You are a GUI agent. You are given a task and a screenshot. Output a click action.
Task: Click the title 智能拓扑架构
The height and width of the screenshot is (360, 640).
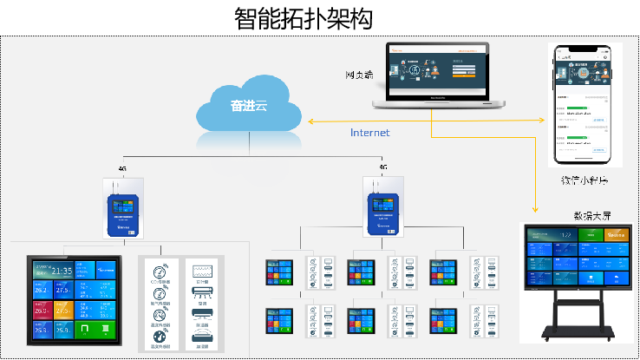click(x=320, y=19)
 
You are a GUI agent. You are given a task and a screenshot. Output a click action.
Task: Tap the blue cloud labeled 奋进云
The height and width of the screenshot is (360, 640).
click(x=249, y=108)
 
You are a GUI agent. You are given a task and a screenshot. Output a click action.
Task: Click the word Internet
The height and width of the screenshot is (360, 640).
click(x=369, y=133)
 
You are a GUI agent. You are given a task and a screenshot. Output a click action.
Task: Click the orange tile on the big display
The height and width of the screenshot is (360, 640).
click(x=617, y=234)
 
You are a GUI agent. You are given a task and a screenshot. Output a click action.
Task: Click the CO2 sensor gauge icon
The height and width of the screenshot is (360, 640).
click(x=160, y=270)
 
